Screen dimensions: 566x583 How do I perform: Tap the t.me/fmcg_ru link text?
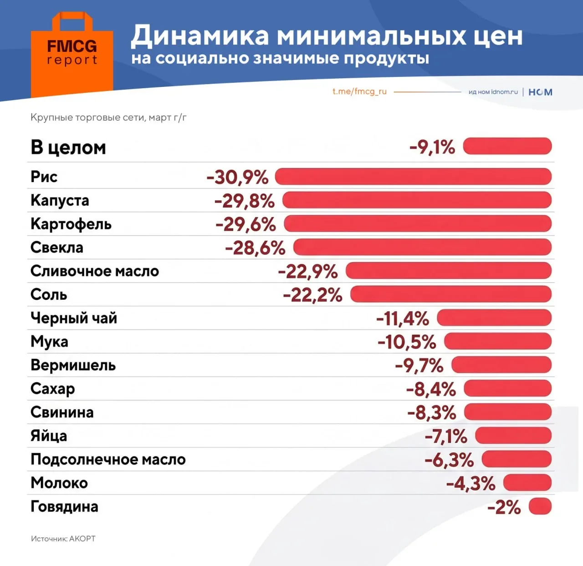359,91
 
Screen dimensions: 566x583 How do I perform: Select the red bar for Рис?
413,177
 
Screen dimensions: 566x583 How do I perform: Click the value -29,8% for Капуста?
245,201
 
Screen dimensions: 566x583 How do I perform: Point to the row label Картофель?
71,224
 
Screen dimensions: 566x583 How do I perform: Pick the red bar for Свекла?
422,247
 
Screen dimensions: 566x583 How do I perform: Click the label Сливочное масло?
95,271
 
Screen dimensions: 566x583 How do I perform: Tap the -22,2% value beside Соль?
312,295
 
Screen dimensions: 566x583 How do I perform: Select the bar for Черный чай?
494,318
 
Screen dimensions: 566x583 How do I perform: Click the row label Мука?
49,342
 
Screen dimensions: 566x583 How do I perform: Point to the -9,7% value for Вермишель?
419,365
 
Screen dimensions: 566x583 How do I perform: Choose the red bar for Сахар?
507,389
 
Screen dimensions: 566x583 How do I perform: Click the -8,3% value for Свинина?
431,413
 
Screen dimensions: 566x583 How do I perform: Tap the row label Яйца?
49,436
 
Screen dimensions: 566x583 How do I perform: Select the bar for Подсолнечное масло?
517,459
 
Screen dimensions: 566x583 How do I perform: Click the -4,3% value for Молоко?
470,483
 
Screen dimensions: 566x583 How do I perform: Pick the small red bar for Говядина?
540,506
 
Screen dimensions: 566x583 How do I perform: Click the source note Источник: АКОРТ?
63,539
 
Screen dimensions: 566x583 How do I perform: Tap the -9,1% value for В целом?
432,147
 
